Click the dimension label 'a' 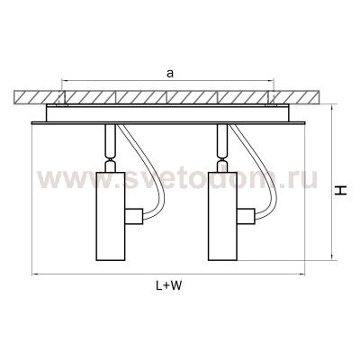pos(170,74)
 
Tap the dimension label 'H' pos(341,191)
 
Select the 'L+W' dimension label pos(168,285)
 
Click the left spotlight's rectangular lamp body pos(111,216)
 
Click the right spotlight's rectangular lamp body pos(222,216)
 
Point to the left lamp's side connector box pos(133,216)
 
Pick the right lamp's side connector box pos(246,216)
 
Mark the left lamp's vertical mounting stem pos(110,139)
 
